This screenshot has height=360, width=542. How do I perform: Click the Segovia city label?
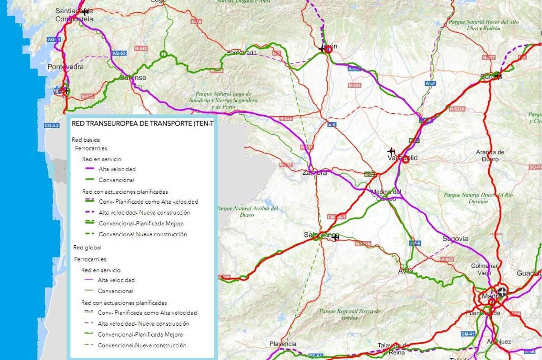point(455,238)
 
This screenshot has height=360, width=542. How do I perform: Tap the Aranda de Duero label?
point(490,155)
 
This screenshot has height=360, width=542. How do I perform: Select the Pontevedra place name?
point(65,67)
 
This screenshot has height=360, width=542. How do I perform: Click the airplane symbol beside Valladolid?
point(391,151)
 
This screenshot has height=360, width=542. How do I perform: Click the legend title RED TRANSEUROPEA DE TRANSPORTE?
point(142,123)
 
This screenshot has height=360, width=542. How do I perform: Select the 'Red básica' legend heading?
point(86,140)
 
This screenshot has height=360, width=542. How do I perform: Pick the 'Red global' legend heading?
point(87,248)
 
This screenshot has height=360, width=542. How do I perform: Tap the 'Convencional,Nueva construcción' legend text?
point(143,234)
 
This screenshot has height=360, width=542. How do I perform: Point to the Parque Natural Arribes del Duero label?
point(248,212)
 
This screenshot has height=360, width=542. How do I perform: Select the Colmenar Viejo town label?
point(484,269)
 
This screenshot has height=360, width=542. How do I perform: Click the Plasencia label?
point(283,344)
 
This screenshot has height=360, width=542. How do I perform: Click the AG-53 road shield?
point(119,53)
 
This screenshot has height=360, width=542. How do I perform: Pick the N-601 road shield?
point(355,85)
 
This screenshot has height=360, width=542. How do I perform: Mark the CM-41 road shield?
point(467,334)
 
